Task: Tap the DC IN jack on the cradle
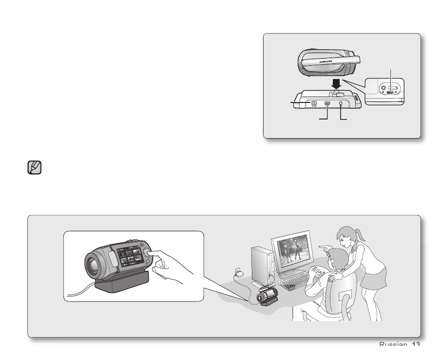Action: (314, 103)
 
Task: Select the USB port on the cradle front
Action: (327, 104)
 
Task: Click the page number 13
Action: (416, 344)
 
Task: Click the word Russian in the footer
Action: (393, 344)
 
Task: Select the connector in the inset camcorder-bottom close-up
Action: (390, 91)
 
